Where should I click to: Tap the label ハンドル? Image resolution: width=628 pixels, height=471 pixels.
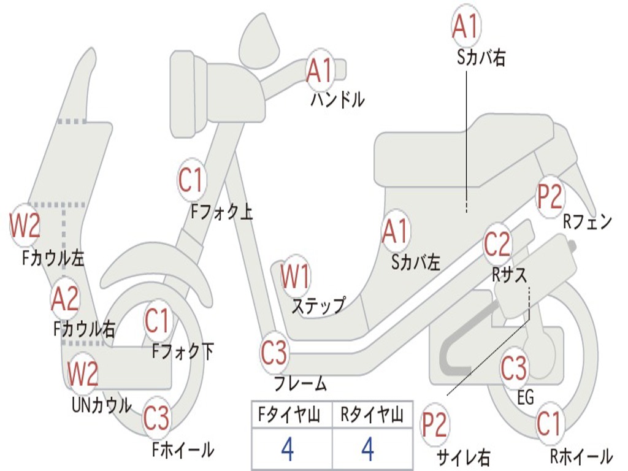coord(337,99)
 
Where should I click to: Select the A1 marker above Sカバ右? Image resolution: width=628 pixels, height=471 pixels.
coord(465,26)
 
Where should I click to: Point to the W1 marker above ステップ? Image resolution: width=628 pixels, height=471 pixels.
coord(295,277)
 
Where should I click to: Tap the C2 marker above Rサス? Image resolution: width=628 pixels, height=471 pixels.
coord(497,244)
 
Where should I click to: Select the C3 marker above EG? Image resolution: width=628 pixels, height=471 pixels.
coord(514,369)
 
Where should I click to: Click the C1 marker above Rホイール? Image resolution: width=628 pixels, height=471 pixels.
coord(549,424)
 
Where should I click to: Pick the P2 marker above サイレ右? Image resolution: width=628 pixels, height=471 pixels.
coord(434,425)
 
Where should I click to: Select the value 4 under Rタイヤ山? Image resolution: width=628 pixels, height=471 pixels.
coord(367,449)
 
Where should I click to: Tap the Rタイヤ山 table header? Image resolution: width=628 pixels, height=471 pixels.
coord(372,416)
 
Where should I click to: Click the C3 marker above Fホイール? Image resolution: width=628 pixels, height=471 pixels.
coord(156,418)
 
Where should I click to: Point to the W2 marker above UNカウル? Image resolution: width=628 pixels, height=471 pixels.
coord(83,374)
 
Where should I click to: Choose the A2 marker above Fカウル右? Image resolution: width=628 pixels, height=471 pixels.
coord(65,299)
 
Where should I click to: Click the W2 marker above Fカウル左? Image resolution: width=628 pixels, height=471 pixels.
coord(25,226)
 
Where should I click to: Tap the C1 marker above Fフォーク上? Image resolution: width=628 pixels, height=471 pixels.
coord(191,180)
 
